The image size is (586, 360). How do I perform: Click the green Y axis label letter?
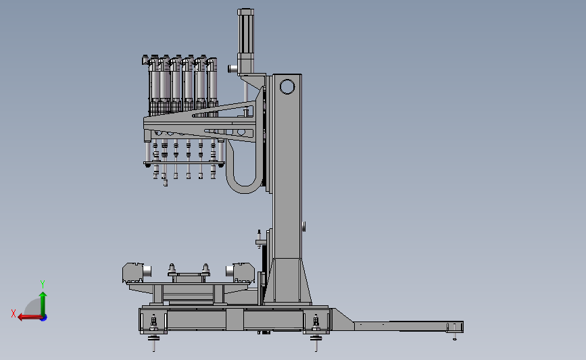(43, 284)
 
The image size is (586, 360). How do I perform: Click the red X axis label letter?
(14, 313)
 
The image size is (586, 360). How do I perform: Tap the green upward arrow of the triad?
(43, 304)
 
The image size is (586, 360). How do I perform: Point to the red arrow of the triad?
(30, 317)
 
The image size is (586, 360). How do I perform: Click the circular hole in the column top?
(287, 86)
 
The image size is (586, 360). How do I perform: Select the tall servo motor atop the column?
(245, 41)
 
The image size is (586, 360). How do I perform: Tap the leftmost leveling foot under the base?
(153, 343)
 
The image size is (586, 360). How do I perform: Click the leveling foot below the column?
(316, 343)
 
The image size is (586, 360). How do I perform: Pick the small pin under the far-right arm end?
(455, 337)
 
